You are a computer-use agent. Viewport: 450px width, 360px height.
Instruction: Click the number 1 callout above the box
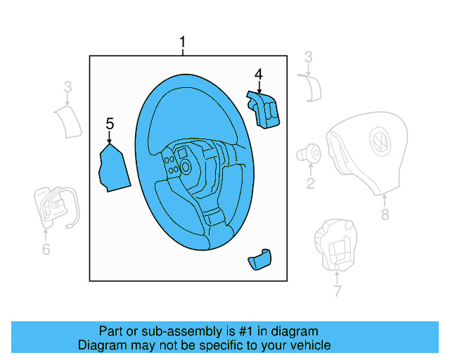(183, 44)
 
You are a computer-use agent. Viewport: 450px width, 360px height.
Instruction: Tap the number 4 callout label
(259, 74)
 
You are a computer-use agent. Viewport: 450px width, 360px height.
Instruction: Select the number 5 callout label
(110, 124)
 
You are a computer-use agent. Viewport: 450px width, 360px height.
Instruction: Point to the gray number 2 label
(309, 184)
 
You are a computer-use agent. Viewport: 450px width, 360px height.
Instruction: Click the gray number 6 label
(46, 249)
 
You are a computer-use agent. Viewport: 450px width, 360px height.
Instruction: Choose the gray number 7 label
(337, 290)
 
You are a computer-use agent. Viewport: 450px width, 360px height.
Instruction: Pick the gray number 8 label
(385, 215)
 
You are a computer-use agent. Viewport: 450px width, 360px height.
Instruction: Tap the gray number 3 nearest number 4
(308, 58)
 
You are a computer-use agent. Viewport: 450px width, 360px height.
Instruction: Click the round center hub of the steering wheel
(186, 167)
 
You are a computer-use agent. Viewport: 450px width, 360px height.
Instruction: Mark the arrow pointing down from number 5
(110, 138)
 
